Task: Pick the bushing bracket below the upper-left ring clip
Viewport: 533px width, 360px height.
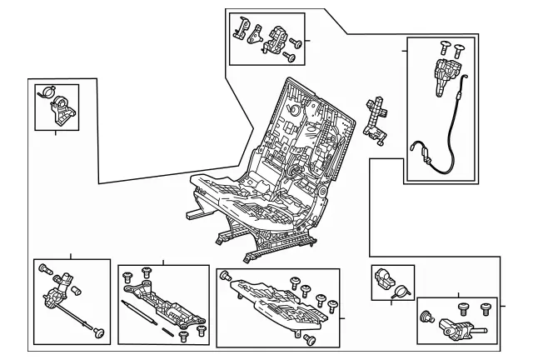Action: pyautogui.click(x=61, y=111)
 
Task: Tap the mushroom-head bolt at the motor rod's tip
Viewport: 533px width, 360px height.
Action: pyautogui.click(x=100, y=333)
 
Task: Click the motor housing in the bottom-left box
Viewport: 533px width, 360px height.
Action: pyautogui.click(x=58, y=297)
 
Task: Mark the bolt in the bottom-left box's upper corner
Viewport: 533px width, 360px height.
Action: pyautogui.click(x=45, y=269)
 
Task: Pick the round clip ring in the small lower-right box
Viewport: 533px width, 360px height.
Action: pyautogui.click(x=401, y=292)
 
